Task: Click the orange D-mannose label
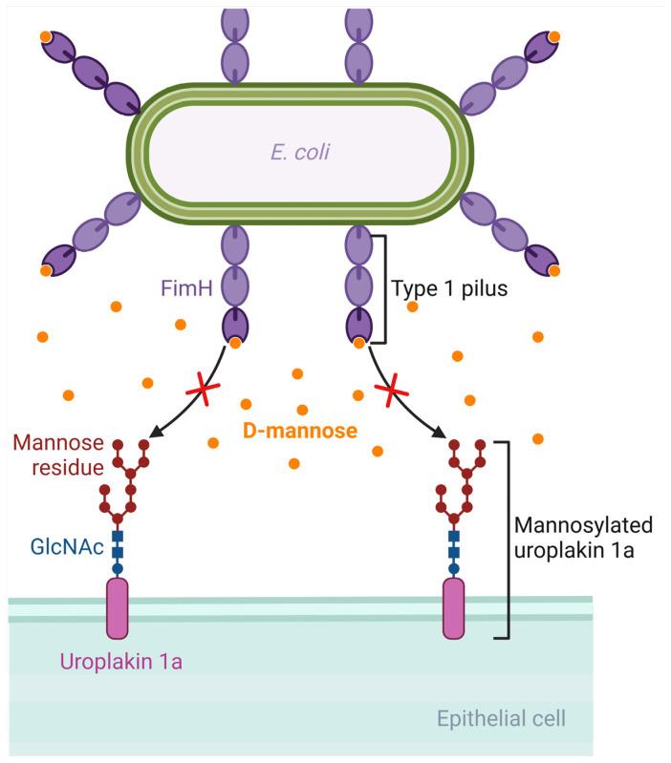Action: (x=299, y=431)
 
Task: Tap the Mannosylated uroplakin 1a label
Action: (x=583, y=539)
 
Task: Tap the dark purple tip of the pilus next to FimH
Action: (x=235, y=325)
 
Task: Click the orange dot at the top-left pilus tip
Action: (x=45, y=37)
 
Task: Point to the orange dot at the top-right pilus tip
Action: (x=554, y=36)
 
